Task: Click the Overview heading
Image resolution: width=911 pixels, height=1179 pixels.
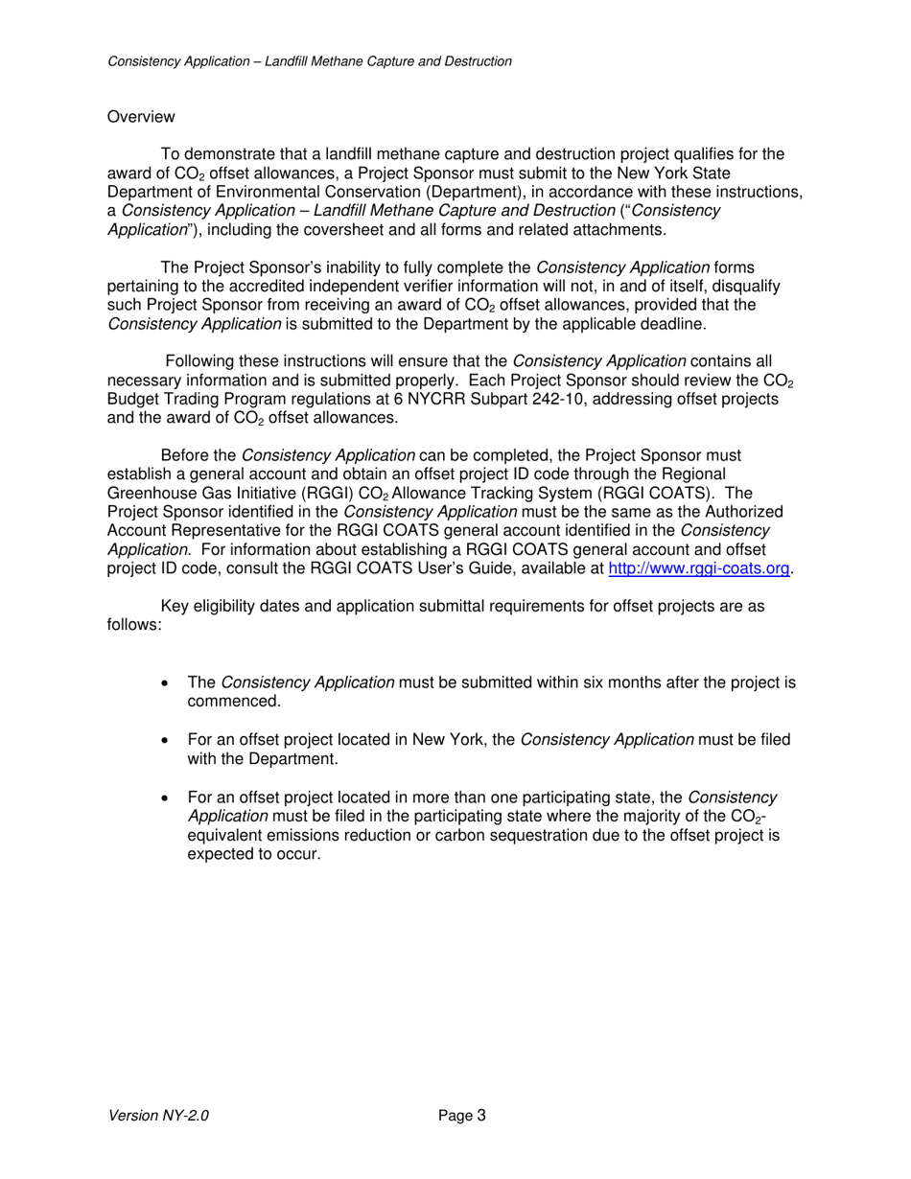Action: click(x=141, y=117)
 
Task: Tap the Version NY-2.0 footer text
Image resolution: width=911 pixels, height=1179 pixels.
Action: click(x=158, y=1115)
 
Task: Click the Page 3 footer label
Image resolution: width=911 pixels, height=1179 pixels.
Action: click(x=462, y=1115)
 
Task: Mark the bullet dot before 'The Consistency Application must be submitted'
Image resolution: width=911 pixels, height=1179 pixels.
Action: click(x=167, y=683)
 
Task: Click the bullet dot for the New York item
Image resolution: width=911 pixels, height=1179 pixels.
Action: click(x=167, y=740)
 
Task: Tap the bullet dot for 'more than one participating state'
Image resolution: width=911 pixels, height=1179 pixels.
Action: click(x=167, y=798)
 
